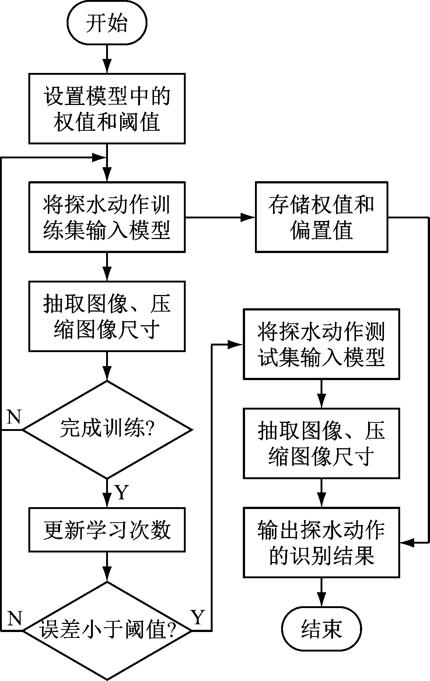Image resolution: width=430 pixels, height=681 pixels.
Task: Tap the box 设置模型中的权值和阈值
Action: (x=107, y=108)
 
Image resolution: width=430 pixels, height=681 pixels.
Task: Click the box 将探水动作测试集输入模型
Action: (x=321, y=344)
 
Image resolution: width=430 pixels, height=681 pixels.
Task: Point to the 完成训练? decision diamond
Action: (x=107, y=429)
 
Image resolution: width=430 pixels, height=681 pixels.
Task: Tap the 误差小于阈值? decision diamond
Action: (x=107, y=631)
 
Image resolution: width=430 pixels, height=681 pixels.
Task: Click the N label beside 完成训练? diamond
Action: (x=14, y=417)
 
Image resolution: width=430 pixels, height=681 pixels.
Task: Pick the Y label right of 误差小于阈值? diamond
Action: (x=198, y=618)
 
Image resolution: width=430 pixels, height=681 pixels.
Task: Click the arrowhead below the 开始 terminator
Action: (x=107, y=66)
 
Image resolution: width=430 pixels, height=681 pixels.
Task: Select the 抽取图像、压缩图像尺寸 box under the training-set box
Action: (x=107, y=316)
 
